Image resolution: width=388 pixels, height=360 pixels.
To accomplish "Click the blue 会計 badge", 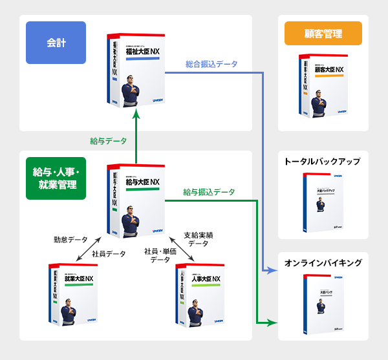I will click(56, 43).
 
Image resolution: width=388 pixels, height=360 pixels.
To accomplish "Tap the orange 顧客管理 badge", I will click(323, 34).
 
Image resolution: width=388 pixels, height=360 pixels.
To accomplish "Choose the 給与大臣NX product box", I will click(134, 199).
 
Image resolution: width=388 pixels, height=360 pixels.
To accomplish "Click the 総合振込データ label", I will click(211, 64).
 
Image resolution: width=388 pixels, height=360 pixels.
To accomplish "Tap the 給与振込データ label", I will click(209, 192).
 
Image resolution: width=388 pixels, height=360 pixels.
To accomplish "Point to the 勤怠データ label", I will click(70, 239).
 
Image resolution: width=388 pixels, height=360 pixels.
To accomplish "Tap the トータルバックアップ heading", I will click(323, 161).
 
